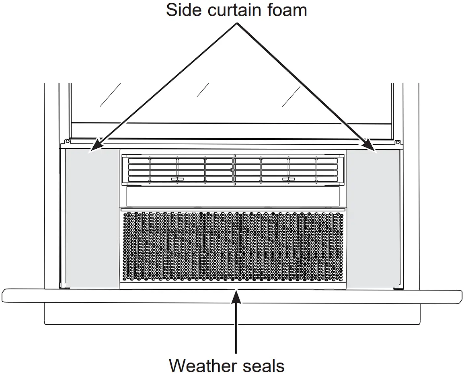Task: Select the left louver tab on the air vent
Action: point(177,179)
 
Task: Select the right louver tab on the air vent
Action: point(288,179)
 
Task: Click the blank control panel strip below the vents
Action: point(232,196)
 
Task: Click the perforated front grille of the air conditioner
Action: point(232,247)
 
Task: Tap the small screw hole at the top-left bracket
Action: point(64,142)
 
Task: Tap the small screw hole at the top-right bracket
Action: point(397,142)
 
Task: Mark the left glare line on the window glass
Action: point(110,95)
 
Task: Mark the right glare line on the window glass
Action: point(291,96)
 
